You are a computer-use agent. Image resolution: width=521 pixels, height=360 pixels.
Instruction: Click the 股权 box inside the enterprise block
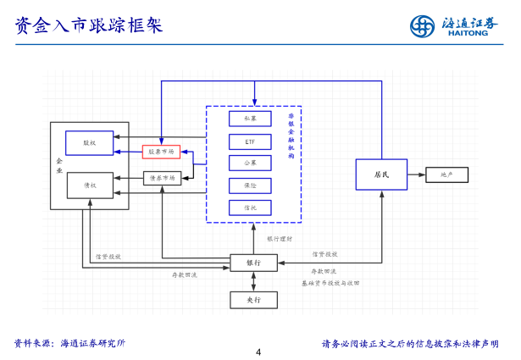(x=89, y=143)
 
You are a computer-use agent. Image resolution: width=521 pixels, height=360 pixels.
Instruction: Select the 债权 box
(x=89, y=185)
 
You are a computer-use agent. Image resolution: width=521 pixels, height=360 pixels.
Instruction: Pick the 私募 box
(x=250, y=119)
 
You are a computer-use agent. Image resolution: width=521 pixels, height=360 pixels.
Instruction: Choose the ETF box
(x=250, y=141)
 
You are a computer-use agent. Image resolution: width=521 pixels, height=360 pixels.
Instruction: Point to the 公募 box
(x=250, y=163)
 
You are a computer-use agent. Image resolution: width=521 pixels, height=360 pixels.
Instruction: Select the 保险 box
(x=250, y=185)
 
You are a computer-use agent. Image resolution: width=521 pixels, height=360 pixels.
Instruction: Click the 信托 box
(x=250, y=207)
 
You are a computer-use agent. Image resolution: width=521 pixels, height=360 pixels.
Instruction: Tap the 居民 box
(x=381, y=174)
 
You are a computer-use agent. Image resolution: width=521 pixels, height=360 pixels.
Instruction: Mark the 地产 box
(x=446, y=174)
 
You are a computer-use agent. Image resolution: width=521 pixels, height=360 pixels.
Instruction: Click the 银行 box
(x=253, y=263)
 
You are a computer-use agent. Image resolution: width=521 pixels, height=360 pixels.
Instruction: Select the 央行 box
(x=253, y=299)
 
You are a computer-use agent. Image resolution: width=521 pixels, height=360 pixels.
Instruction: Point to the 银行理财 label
(x=280, y=239)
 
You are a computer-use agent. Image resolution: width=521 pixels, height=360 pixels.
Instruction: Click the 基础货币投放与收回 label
(x=330, y=282)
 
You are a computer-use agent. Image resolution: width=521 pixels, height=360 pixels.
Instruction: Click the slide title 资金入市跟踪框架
(x=89, y=25)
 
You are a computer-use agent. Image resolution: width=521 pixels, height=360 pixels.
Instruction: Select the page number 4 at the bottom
(x=259, y=352)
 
